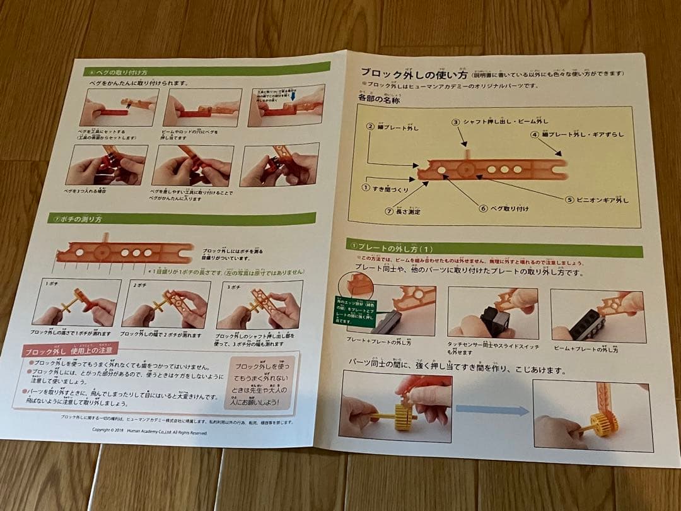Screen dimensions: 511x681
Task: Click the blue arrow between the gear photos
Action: pos(492,410)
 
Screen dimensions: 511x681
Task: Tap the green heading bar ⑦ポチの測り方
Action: pos(183,218)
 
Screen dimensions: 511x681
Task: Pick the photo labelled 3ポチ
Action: pos(260,305)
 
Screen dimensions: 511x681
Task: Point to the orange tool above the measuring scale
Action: pos(124,250)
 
